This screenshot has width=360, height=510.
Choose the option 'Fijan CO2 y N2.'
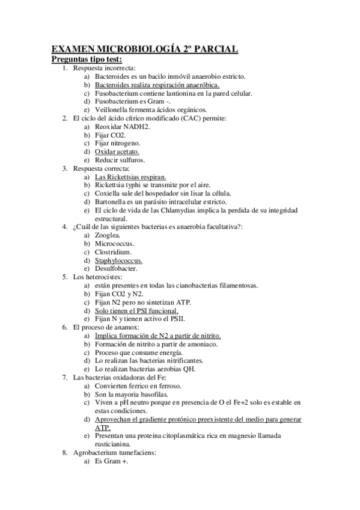click(x=119, y=293)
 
